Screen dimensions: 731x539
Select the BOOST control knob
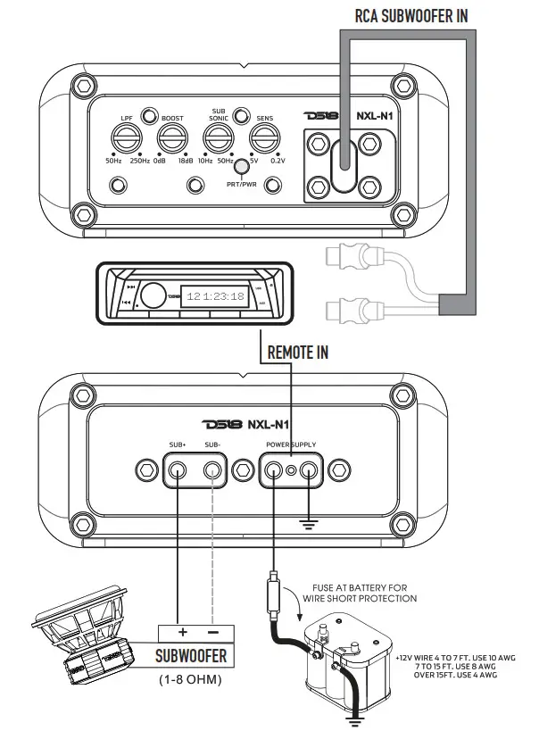[x=171, y=138]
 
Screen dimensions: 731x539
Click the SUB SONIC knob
[x=217, y=138]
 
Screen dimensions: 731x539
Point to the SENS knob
[x=263, y=138]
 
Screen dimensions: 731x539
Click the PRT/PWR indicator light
[x=241, y=166]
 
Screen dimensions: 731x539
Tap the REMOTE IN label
[x=298, y=352]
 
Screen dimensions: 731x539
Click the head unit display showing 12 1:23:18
[x=214, y=297]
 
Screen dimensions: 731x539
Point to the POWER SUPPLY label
[x=291, y=444]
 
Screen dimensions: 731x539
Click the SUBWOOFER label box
[x=191, y=656]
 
